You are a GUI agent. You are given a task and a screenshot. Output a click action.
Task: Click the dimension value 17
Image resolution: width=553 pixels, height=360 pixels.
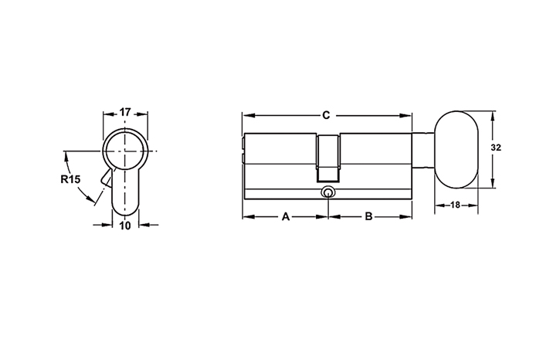pos(125,112)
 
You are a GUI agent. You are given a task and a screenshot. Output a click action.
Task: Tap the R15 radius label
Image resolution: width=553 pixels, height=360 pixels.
pos(70,179)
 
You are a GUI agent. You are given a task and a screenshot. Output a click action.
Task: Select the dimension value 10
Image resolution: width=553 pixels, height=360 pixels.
pos(125,226)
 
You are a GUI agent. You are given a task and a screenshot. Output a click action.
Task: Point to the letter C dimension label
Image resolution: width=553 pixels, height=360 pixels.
pos(326,115)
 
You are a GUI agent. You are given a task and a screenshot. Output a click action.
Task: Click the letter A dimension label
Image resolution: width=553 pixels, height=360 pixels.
pos(286,216)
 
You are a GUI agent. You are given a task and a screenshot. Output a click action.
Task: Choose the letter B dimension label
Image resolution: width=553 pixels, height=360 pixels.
pos(368,216)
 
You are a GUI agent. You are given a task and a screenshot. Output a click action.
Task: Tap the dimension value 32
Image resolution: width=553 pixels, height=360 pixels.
pos(496,148)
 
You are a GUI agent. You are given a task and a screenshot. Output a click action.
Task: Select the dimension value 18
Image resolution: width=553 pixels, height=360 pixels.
pos(456,205)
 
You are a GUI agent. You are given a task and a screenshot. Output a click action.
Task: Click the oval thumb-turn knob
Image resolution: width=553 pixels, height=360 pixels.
pos(456,150)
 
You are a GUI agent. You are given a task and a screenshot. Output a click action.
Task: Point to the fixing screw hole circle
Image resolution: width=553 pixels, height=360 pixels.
pos(328,193)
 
